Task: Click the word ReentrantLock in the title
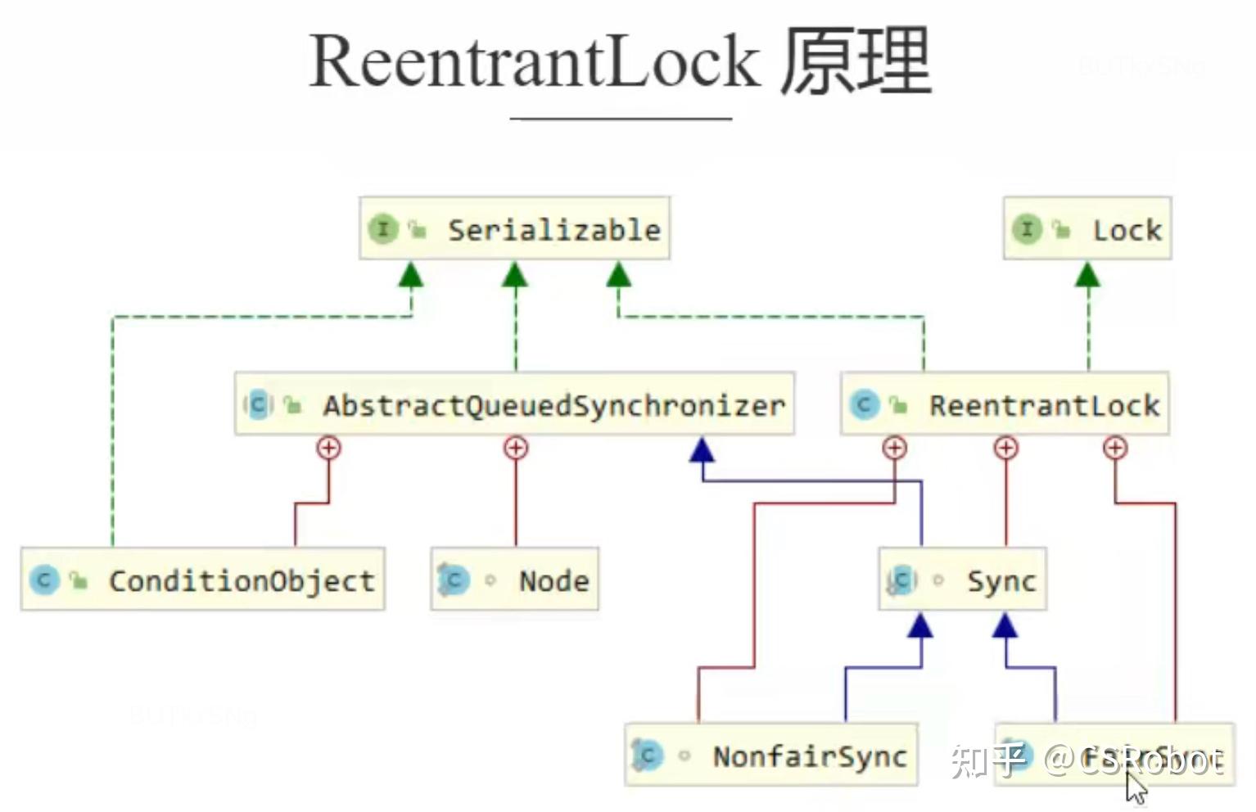tap(534, 62)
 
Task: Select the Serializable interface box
tap(514, 229)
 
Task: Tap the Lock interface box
tap(1087, 229)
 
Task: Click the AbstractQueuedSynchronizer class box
tap(514, 404)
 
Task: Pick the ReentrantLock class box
tap(1005, 404)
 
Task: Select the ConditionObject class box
tap(202, 580)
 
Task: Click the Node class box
tap(514, 580)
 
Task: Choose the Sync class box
tap(962, 580)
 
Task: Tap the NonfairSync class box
tap(770, 756)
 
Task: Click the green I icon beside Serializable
tap(382, 229)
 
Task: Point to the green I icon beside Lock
tap(1027, 229)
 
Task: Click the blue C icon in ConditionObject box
tap(44, 580)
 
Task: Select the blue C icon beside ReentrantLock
tap(864, 404)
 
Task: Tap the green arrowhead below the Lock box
tap(1087, 274)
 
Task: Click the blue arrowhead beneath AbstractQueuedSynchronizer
tap(702, 449)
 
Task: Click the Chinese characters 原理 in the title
tap(856, 62)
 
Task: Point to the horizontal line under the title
tap(621, 120)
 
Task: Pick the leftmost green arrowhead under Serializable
tap(411, 274)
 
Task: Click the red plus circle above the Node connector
tap(515, 448)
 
